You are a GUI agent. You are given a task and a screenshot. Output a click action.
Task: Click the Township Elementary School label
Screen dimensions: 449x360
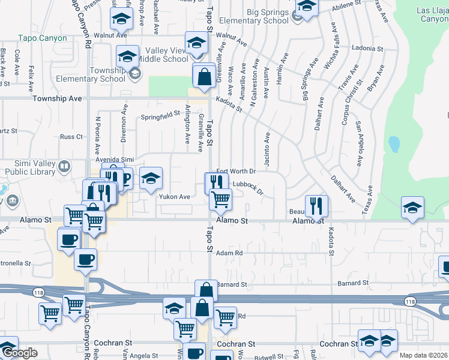point(91,74)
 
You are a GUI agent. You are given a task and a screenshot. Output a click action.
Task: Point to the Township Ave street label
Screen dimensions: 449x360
point(57,98)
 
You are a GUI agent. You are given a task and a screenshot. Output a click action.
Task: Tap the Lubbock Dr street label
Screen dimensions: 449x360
point(249,187)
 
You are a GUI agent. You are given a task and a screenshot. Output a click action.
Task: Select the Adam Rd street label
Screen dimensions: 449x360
point(229,253)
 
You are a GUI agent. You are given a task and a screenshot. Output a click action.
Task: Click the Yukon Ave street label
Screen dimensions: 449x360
point(174,196)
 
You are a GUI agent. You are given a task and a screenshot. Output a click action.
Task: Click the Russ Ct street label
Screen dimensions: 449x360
point(71,137)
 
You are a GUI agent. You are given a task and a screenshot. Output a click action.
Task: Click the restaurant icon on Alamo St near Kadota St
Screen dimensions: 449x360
point(316,206)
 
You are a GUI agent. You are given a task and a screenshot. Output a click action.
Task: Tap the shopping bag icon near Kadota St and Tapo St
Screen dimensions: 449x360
point(204,76)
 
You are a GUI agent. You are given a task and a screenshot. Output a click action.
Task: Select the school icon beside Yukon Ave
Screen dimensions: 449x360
point(151,178)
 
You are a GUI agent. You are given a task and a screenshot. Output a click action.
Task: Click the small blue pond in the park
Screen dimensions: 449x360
point(394,144)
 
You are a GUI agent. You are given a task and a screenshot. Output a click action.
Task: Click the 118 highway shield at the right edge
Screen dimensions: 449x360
point(410,301)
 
